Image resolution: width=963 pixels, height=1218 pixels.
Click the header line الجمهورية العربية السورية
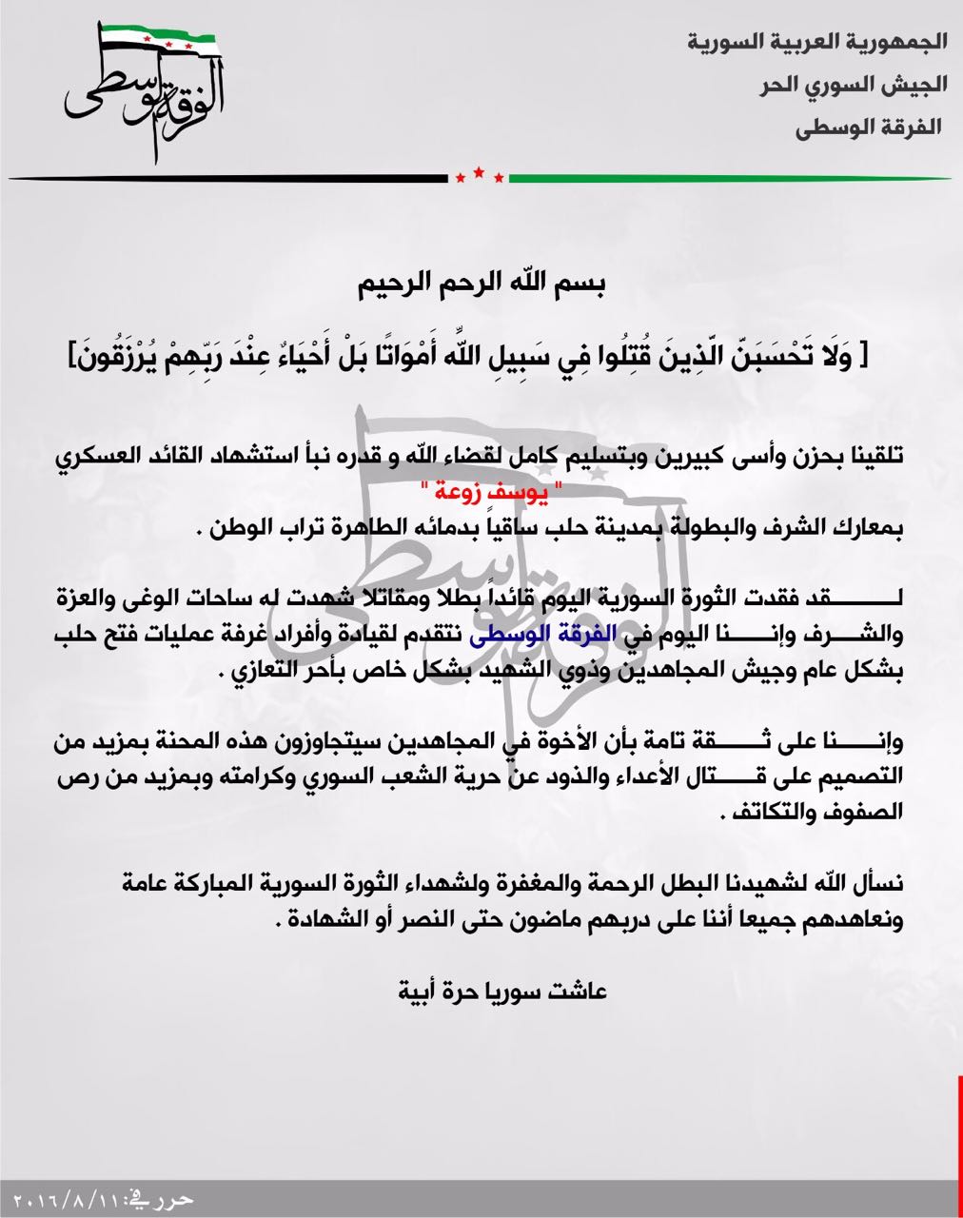(817, 42)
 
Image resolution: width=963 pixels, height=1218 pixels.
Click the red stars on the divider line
(480, 175)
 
